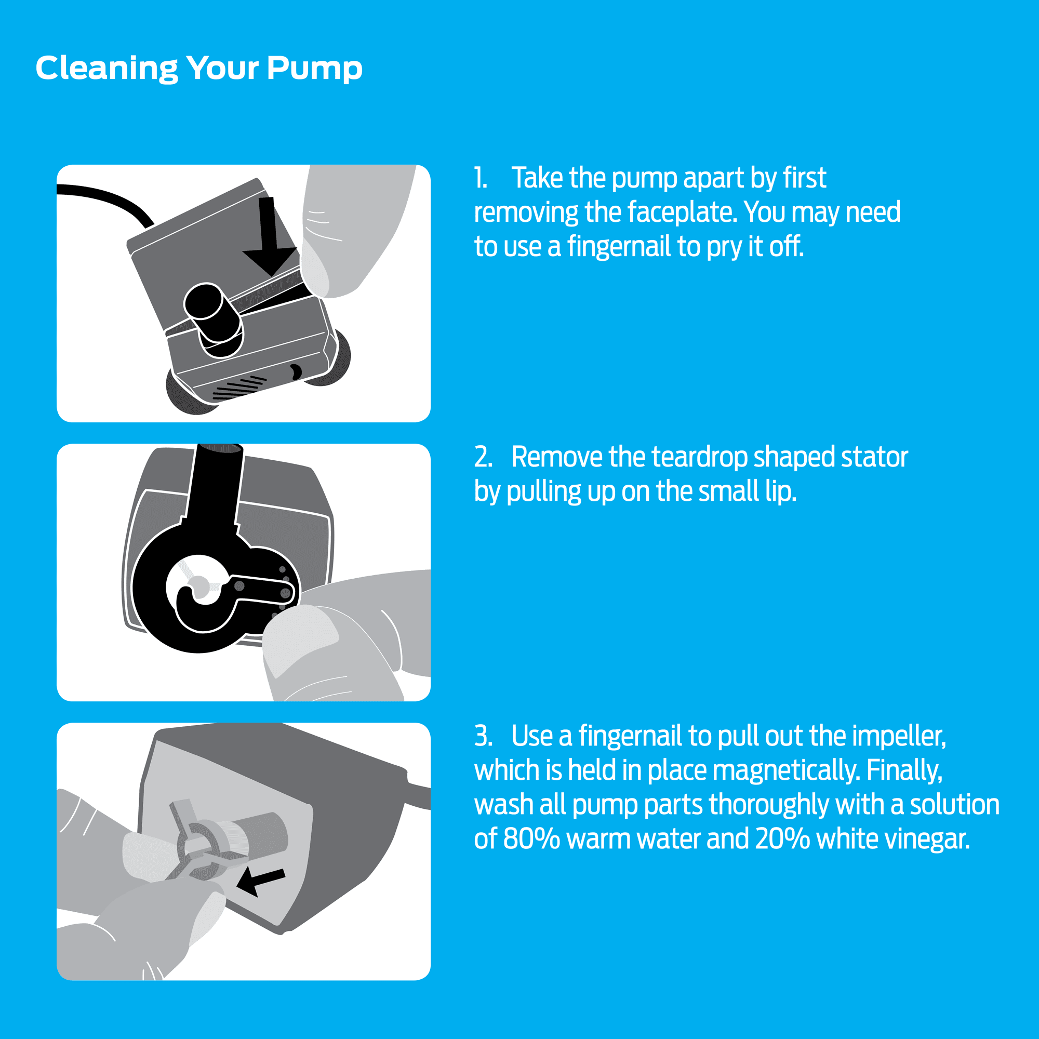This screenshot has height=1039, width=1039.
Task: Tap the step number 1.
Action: (x=480, y=178)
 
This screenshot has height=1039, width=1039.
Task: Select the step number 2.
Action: (x=483, y=457)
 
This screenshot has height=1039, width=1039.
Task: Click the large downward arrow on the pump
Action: (x=269, y=236)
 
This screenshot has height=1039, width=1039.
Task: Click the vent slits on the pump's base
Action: (x=240, y=388)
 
